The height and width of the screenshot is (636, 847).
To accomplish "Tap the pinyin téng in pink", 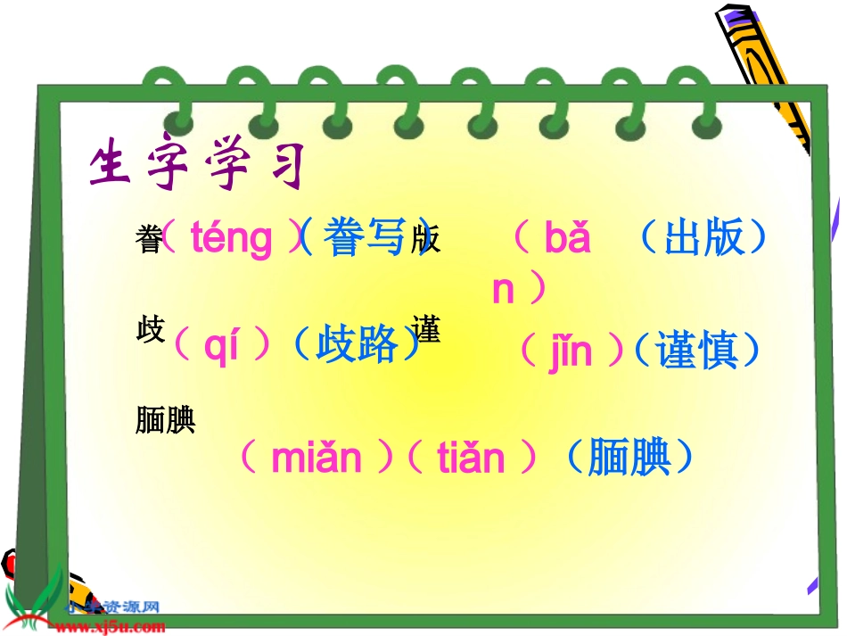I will [x=232, y=239].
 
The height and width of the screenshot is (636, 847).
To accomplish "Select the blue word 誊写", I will [x=366, y=238].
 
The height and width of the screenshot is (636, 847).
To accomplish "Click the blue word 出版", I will [x=703, y=238].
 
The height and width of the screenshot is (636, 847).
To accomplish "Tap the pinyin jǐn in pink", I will [x=570, y=351].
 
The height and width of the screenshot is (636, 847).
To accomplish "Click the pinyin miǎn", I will [x=317, y=458].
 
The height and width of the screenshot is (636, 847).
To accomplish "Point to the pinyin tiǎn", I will [x=472, y=458].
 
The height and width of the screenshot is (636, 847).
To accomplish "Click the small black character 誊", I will [x=148, y=239].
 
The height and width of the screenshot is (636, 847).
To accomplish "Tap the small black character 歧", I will [x=150, y=329].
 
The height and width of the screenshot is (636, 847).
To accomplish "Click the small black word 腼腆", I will [x=166, y=420].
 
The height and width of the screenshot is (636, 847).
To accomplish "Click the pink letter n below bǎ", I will [x=504, y=290].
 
